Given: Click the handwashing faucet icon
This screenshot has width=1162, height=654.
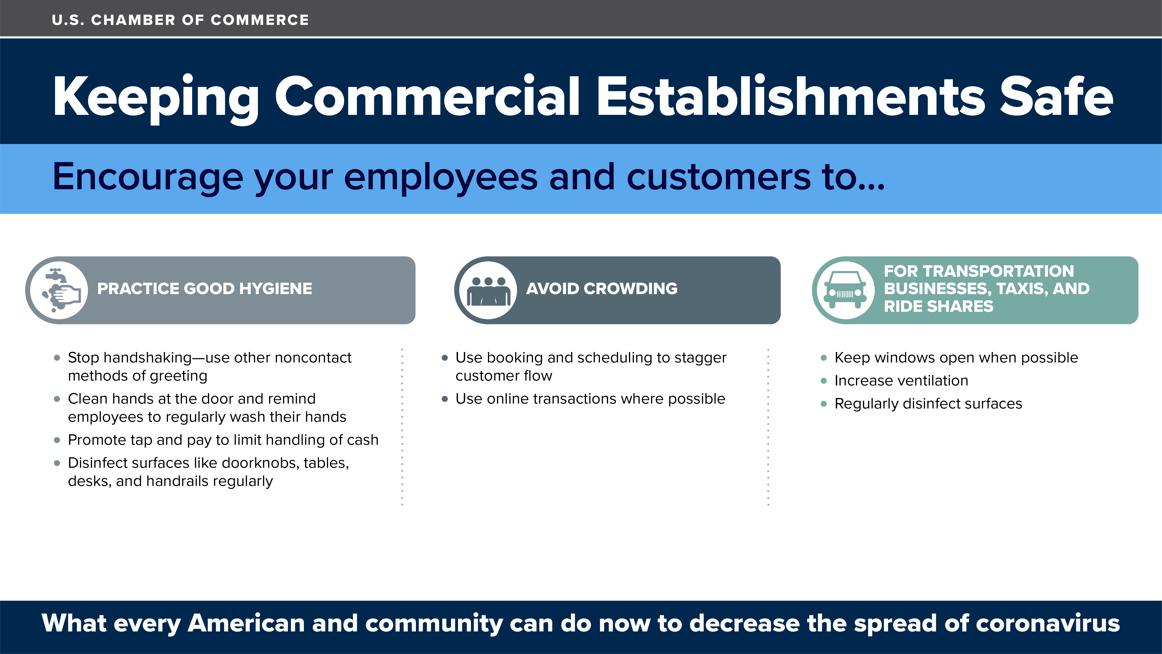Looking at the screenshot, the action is click(61, 290).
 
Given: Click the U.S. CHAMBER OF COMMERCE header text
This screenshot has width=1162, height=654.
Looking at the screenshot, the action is click(181, 20).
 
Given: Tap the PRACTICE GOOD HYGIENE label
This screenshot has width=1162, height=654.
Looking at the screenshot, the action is click(204, 289).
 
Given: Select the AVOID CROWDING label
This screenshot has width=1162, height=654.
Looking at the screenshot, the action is click(602, 289).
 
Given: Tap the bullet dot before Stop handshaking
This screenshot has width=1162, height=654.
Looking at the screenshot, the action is click(57, 358).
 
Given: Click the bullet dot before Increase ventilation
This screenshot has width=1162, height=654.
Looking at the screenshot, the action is click(824, 381).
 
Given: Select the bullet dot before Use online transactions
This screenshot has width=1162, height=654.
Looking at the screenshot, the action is click(445, 399).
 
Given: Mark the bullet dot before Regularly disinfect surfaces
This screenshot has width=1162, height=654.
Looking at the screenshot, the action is click(824, 404).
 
